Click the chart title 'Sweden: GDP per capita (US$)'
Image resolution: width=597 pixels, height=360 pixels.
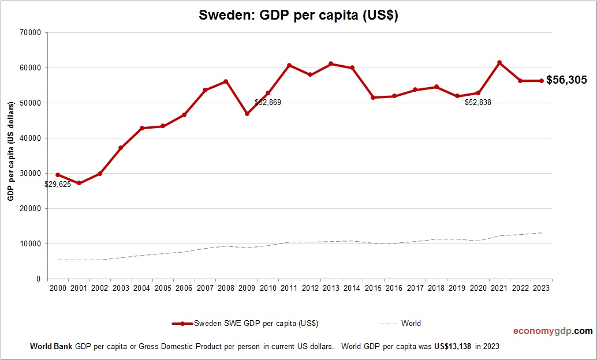tap(298, 16)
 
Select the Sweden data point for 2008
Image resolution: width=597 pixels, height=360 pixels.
tap(226, 81)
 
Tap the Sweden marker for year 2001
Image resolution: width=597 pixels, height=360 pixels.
tap(79, 183)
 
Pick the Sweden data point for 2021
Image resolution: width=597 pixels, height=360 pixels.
tap(499, 62)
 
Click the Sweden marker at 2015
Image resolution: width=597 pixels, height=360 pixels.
tap(373, 97)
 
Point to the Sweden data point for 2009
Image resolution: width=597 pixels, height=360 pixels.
tap(247, 114)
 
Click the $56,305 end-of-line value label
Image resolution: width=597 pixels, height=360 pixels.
tap(566, 80)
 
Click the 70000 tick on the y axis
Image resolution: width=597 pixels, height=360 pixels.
tap(29, 33)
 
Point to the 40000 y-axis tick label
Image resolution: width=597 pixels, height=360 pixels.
tap(29, 138)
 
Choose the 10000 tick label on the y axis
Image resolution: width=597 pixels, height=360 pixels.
tap(29, 244)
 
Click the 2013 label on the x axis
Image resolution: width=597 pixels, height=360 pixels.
tap(331, 288)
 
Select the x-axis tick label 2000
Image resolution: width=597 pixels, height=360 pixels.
tap(58, 288)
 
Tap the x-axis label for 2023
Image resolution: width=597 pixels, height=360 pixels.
tap(542, 288)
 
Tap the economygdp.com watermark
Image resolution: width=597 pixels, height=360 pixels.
tap(553, 331)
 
